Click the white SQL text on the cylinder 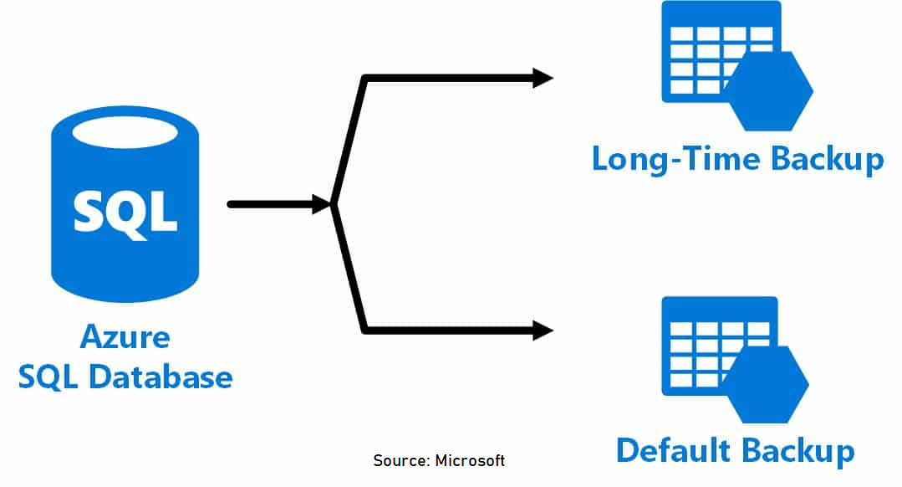click(125, 211)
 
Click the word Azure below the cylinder click(125, 338)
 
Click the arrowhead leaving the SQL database click(322, 203)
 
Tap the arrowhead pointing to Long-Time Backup click(543, 79)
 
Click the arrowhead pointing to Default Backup click(543, 331)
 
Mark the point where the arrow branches click(334, 203)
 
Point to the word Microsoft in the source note click(470, 461)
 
